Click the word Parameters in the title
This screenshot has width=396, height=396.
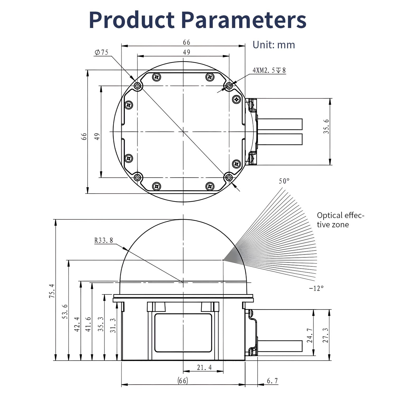244,20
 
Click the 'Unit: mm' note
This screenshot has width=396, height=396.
274,45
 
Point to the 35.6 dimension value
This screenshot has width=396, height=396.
326,126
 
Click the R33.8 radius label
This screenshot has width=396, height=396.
104,240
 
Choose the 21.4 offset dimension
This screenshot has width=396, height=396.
204,367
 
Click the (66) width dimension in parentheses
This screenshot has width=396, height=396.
183,381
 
